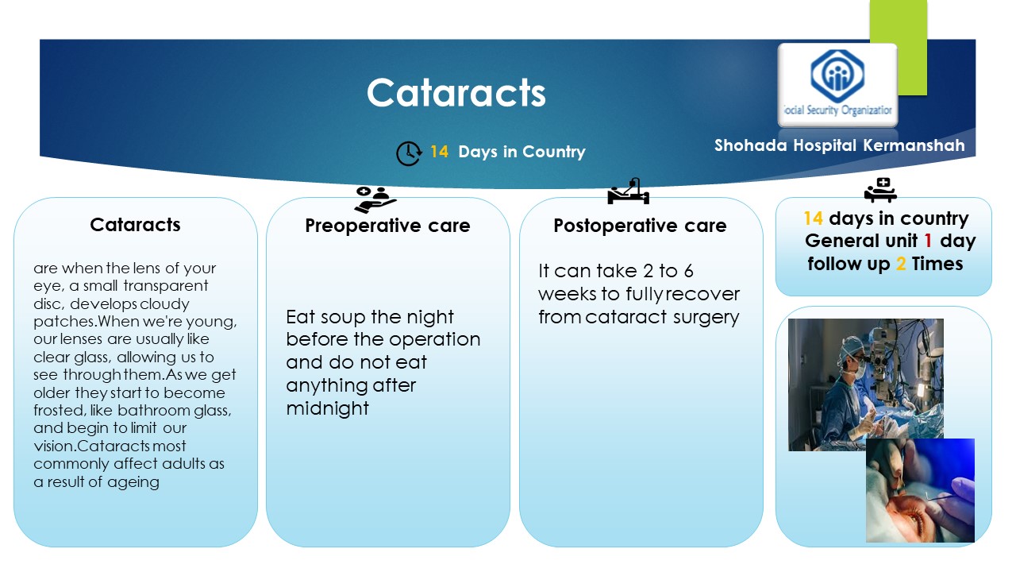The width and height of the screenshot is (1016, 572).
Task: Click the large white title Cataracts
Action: tap(456, 93)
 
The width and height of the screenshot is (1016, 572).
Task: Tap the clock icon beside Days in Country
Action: tap(409, 153)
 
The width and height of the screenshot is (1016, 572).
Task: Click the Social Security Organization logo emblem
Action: tap(837, 75)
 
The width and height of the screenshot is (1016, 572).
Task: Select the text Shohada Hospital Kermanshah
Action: tap(839, 145)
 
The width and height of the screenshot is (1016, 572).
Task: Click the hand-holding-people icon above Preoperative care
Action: tap(375, 199)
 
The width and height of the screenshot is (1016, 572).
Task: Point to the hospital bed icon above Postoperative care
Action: tap(628, 191)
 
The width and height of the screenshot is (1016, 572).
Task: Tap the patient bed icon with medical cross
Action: tap(880, 190)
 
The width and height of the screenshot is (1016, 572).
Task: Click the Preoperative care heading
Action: tap(387, 226)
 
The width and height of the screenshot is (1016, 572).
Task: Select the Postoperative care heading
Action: tap(640, 226)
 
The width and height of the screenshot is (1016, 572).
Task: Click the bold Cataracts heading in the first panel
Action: tap(135, 225)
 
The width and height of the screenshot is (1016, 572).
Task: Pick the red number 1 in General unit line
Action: tap(928, 241)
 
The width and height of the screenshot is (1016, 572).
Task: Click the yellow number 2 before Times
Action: tap(901, 264)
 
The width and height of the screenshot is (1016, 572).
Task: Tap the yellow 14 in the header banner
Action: tap(439, 151)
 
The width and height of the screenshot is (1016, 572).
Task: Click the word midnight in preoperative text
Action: tap(328, 408)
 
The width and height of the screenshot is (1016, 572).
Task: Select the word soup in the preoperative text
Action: tap(341, 317)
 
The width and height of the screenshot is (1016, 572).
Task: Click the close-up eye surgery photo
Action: tap(920, 490)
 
